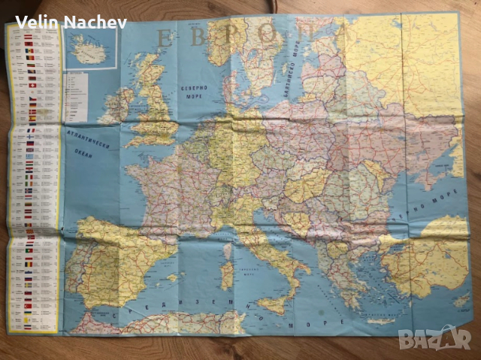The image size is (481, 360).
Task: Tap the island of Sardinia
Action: pyautogui.click(x=227, y=275)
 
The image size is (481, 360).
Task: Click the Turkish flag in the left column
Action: pyautogui.click(x=31, y=308)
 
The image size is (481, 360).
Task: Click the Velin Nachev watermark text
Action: pyautogui.click(x=71, y=22)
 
